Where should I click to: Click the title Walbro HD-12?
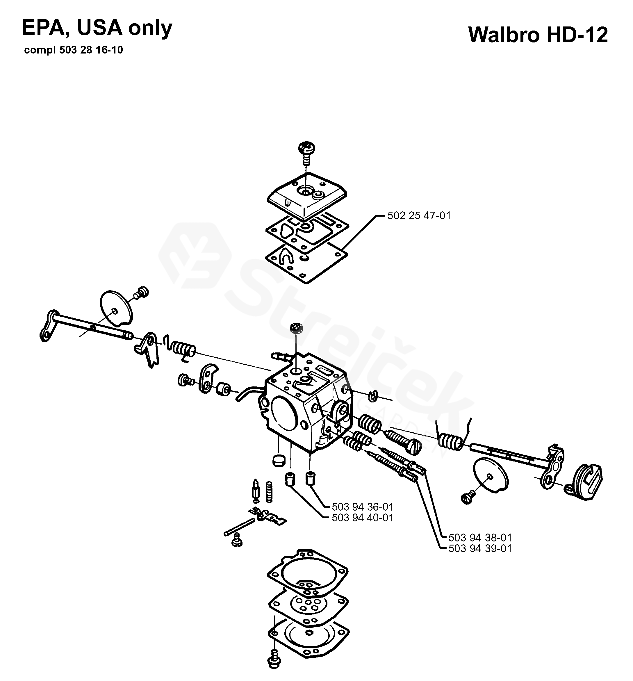(x=538, y=35)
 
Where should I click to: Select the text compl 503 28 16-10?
(x=74, y=50)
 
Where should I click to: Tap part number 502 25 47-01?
(x=419, y=215)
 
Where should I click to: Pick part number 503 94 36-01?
(x=362, y=507)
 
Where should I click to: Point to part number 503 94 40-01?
(x=362, y=518)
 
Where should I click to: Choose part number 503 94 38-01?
(x=480, y=537)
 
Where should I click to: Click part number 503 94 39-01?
(x=480, y=548)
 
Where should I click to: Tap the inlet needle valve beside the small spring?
(x=256, y=491)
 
